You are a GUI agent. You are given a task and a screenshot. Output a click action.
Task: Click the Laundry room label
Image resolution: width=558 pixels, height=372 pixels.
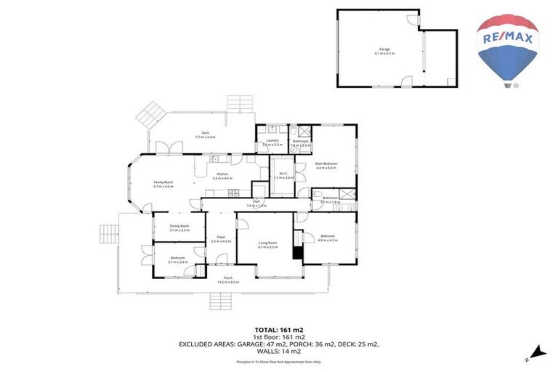(272, 142)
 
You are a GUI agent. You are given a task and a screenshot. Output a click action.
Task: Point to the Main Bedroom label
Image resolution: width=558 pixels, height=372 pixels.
(325, 165)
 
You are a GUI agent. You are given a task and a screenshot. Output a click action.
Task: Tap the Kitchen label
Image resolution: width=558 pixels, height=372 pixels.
(222, 175)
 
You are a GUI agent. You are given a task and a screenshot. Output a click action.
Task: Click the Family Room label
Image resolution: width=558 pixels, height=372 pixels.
(163, 184)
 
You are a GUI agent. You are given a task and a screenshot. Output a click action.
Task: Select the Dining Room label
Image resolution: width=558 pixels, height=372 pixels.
(179, 227)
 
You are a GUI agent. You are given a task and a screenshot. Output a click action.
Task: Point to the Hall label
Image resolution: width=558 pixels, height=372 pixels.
(256, 203)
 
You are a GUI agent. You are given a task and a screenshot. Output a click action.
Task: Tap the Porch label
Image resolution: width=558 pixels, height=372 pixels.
(228, 280)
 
